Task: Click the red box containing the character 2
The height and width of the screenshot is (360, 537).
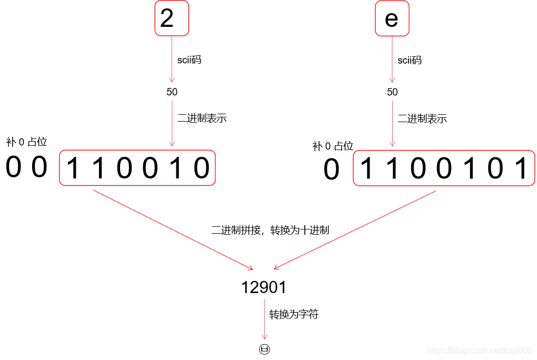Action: click(172, 18)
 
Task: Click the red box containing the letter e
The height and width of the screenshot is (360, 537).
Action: click(392, 19)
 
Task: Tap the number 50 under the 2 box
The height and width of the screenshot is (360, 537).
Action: click(172, 92)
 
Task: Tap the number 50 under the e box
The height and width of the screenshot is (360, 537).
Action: click(392, 92)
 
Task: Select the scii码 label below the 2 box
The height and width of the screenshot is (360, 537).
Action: click(189, 60)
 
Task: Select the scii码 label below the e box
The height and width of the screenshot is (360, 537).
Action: click(410, 60)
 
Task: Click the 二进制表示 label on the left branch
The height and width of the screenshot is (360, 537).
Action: click(202, 118)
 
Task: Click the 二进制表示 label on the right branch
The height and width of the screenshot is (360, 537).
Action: click(422, 118)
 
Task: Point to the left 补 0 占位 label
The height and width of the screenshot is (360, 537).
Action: click(26, 142)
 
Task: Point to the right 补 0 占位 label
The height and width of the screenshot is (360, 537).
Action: click(333, 146)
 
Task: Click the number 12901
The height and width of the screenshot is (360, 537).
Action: click(264, 287)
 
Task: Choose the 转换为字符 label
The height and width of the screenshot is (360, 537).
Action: click(294, 315)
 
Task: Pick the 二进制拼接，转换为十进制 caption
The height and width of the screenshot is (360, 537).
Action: click(270, 230)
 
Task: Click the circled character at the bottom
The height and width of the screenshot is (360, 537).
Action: click(264, 349)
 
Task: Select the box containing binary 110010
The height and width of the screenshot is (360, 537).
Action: click(137, 168)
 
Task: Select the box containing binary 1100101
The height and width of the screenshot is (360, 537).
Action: click(443, 168)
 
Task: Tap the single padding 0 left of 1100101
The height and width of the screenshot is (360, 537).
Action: click(331, 170)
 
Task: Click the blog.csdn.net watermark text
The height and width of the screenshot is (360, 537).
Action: click(479, 351)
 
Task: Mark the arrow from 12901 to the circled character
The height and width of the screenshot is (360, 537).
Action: click(264, 319)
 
